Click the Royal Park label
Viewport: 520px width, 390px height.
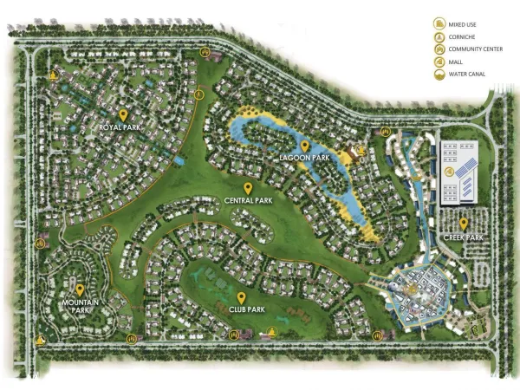pyautogui.click(x=120, y=127)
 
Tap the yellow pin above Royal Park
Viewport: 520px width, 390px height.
pyautogui.click(x=124, y=114)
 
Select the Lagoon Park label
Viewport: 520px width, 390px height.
pyautogui.click(x=302, y=159)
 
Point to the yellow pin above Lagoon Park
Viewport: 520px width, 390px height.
pyautogui.click(x=304, y=145)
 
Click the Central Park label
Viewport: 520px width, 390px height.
pyautogui.click(x=249, y=200)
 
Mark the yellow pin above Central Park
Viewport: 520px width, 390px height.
pyautogui.click(x=249, y=187)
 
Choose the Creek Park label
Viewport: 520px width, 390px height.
pyautogui.click(x=465, y=237)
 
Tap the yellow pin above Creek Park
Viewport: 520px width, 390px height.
pyautogui.click(x=465, y=223)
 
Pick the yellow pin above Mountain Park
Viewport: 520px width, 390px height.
pyautogui.click(x=80, y=289)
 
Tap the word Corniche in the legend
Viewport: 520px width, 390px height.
pyautogui.click(x=464, y=37)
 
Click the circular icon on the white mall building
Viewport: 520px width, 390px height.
pyautogui.click(x=449, y=173)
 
